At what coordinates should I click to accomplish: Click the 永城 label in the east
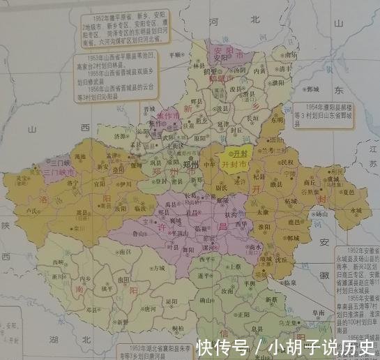click(x=356, y=209)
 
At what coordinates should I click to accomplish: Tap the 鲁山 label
click(x=139, y=234)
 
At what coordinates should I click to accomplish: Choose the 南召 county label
click(x=125, y=250)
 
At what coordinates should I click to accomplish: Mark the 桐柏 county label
click(x=177, y=327)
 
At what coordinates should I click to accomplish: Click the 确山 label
click(x=206, y=300)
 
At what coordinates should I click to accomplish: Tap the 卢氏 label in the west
click(x=33, y=210)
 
